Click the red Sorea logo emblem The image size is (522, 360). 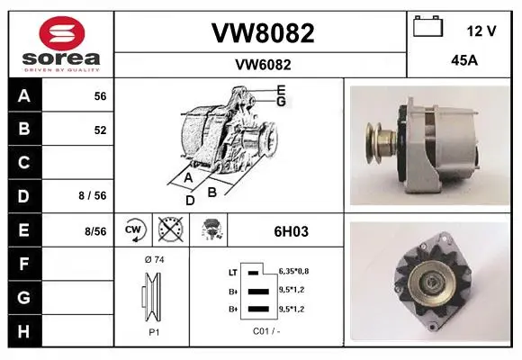pyautogui.click(x=62, y=33)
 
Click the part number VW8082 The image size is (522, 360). pyautogui.click(x=263, y=33)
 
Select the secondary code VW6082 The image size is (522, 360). pyautogui.click(x=263, y=65)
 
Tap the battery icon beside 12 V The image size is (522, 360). pyautogui.click(x=428, y=26)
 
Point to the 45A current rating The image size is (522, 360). pyautogui.click(x=464, y=60)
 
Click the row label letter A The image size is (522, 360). pyautogui.click(x=24, y=96)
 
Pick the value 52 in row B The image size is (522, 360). pyautogui.click(x=100, y=130)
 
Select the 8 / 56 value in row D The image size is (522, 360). pyautogui.click(x=93, y=195)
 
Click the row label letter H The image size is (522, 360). pyautogui.click(x=24, y=331)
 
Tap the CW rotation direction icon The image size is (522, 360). pyautogui.click(x=134, y=229)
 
